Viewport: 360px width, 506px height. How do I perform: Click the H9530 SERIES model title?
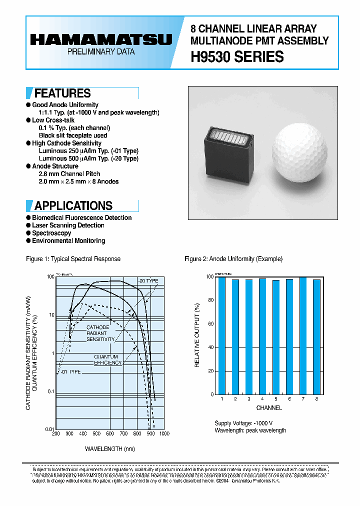pos(237,57)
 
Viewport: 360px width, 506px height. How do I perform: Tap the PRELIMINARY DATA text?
pos(100,52)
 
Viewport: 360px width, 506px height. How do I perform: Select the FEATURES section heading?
pos(62,93)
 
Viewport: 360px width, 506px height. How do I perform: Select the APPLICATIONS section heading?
pos(73,205)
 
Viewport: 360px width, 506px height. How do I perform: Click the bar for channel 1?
pos(221,335)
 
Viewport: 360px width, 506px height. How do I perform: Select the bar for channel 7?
pos(302,335)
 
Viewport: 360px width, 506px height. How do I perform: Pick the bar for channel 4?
pos(262,336)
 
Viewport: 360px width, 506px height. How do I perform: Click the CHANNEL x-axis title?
pos(268,408)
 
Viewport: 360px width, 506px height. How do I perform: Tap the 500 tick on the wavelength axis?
pos(96,433)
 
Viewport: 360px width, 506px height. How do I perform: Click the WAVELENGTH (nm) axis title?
pos(109,448)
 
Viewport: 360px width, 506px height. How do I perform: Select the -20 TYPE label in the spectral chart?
pos(148,281)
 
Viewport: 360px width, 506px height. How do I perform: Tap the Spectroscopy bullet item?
pos(51,233)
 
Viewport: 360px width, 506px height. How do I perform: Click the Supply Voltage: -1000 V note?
pos(243,422)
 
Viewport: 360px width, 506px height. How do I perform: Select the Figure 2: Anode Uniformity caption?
pos(233,259)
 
